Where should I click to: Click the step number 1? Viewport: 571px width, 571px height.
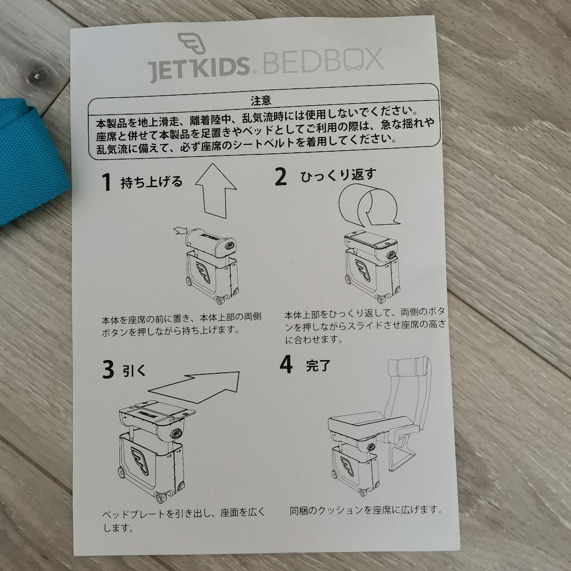[x=107, y=183]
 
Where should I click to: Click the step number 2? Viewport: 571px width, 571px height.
[x=280, y=177]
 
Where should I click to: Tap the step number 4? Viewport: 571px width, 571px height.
[x=285, y=365]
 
